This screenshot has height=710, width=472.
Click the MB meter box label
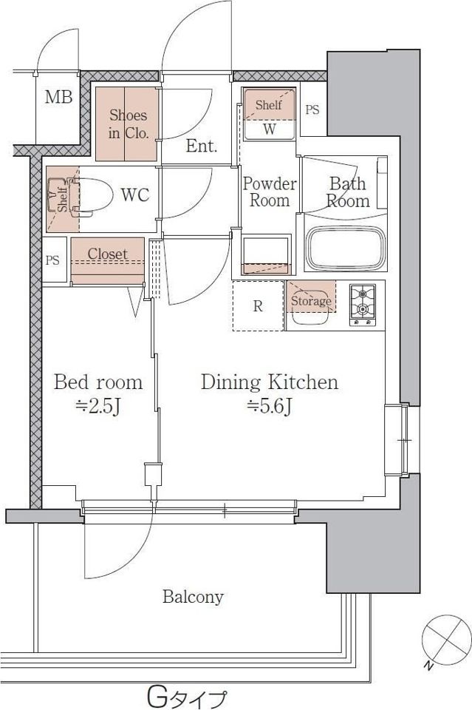59,97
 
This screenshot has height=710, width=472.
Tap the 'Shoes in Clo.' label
129,124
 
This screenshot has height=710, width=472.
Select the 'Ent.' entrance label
202,146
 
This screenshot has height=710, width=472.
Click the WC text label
134,195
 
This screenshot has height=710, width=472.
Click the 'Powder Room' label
270,192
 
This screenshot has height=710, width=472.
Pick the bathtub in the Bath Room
346,248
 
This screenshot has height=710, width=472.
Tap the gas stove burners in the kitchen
363,305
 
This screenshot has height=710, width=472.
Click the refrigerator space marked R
258,306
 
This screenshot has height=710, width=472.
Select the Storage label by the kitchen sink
310,301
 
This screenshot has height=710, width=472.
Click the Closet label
108,254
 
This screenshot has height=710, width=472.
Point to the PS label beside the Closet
52,260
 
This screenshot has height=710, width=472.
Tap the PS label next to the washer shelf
312,109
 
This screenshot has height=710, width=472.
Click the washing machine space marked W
270,129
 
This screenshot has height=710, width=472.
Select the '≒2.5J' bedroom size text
98,407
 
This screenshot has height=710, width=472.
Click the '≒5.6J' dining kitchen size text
270,407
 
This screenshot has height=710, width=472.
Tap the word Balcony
193,597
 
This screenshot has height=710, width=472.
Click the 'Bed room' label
98,382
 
